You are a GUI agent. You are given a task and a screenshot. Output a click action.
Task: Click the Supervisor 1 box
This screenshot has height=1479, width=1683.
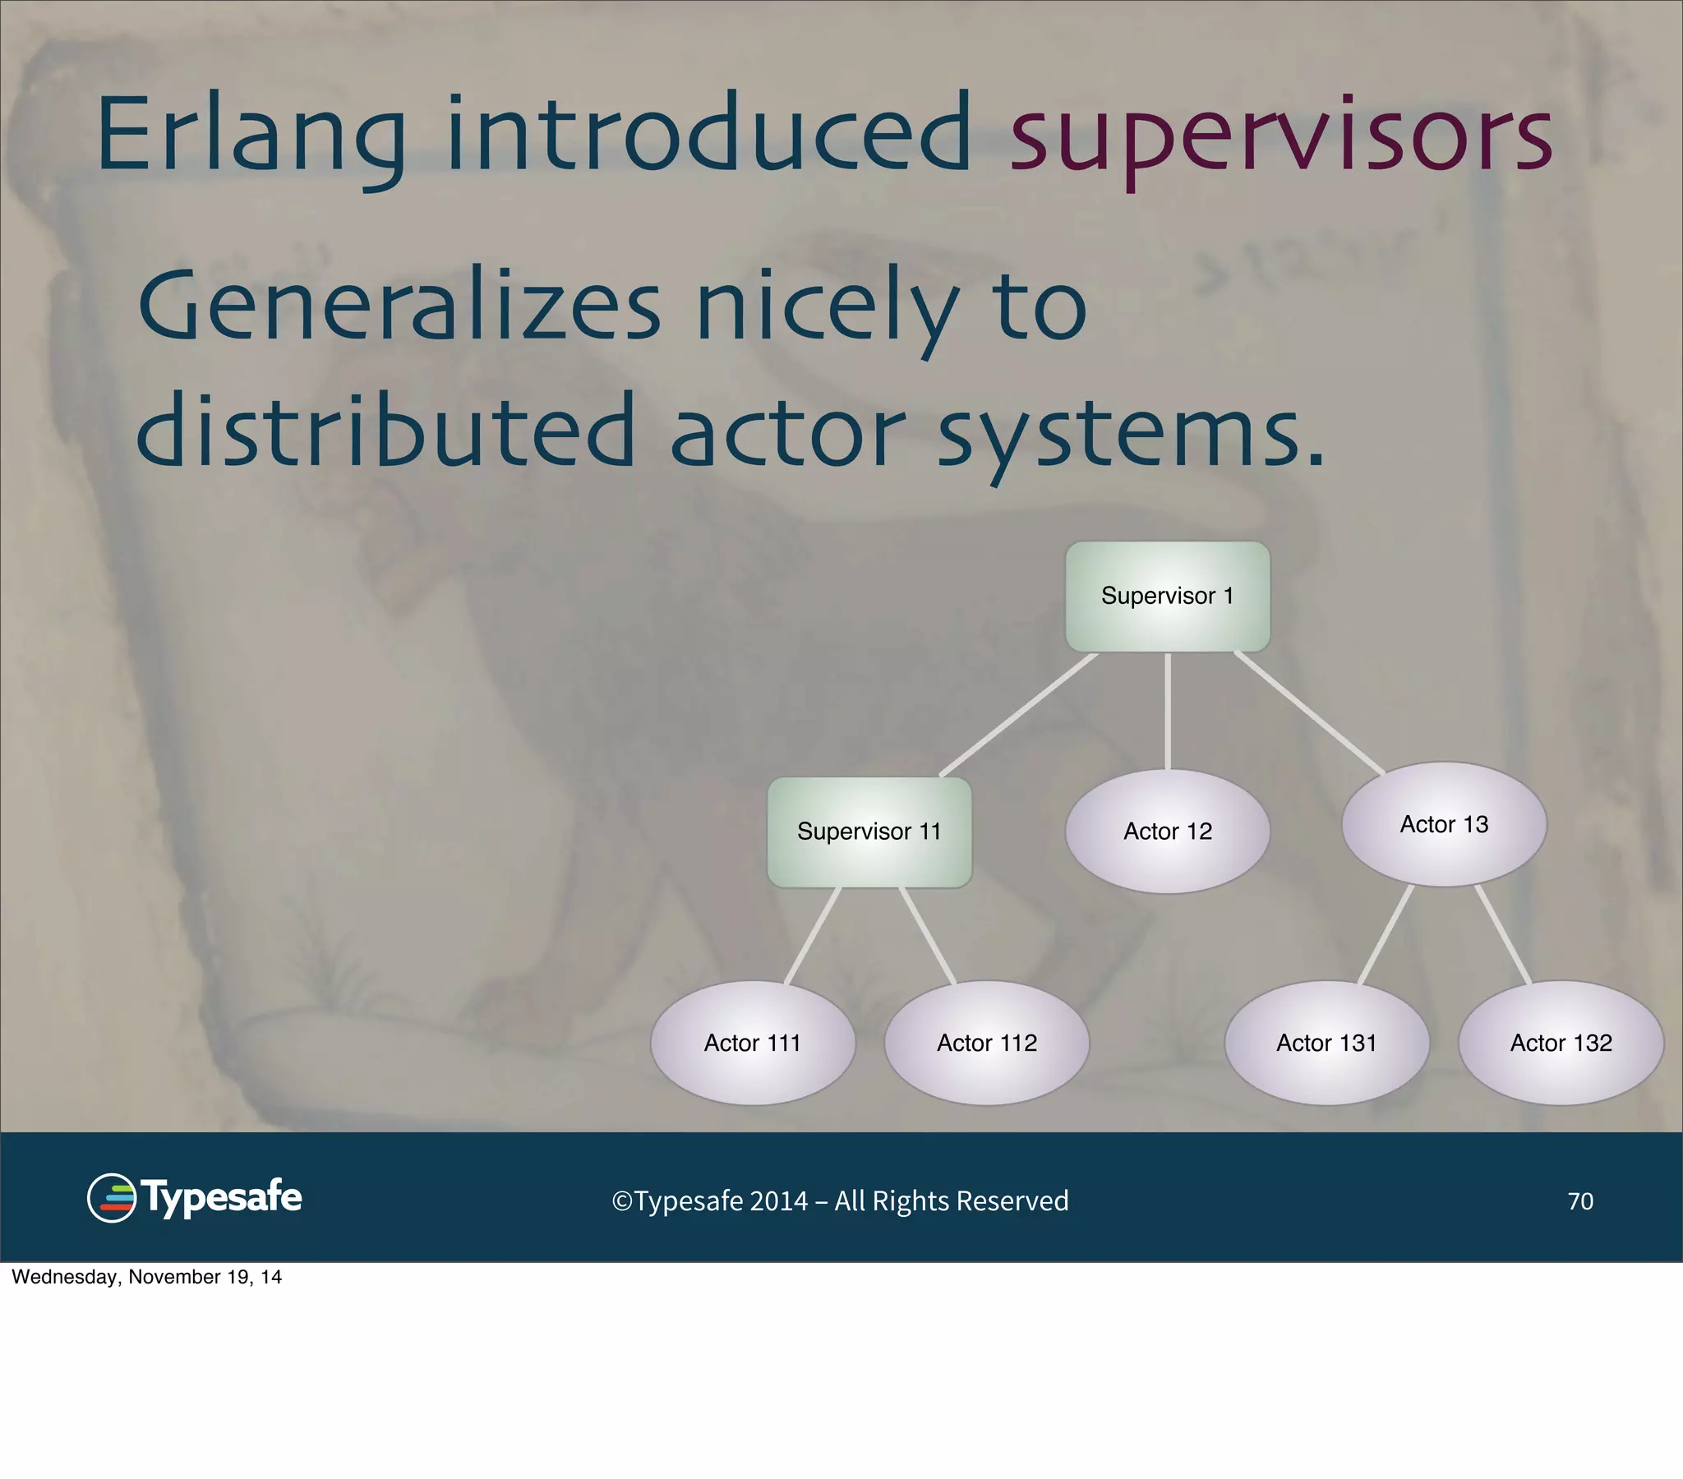pos(1168,597)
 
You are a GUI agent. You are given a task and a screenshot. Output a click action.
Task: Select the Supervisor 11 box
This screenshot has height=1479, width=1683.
pos(869,832)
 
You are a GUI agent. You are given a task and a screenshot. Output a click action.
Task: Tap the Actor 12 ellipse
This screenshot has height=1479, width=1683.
pos(1168,832)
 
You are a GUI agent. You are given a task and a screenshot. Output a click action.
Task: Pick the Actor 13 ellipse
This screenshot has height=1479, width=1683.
pos(1444,824)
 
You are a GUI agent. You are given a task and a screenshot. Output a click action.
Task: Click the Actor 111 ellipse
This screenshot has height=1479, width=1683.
pos(753,1044)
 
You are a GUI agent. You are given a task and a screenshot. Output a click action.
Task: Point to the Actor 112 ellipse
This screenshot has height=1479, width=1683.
pos(986,1044)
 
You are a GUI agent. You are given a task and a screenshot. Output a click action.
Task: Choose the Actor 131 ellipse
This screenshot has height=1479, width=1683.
pos(1326,1044)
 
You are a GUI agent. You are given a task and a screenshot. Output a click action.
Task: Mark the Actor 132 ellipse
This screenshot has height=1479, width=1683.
pos(1561,1044)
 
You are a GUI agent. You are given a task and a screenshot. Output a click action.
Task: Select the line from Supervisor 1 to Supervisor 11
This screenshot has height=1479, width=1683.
pos(1019,715)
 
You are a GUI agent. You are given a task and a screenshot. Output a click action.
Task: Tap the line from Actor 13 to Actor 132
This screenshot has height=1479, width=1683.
pos(1504,935)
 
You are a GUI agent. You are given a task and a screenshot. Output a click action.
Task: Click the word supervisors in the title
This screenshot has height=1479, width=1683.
pos(1280,136)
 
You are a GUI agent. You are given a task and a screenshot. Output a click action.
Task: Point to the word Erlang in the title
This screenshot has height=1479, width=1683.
pos(251,136)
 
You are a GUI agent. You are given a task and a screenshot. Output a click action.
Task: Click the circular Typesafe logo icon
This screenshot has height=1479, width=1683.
pos(112,1198)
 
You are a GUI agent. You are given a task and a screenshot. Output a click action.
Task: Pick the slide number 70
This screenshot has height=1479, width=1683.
pos(1580,1201)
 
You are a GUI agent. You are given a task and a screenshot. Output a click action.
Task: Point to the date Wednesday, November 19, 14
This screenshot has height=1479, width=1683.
pos(146,1277)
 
